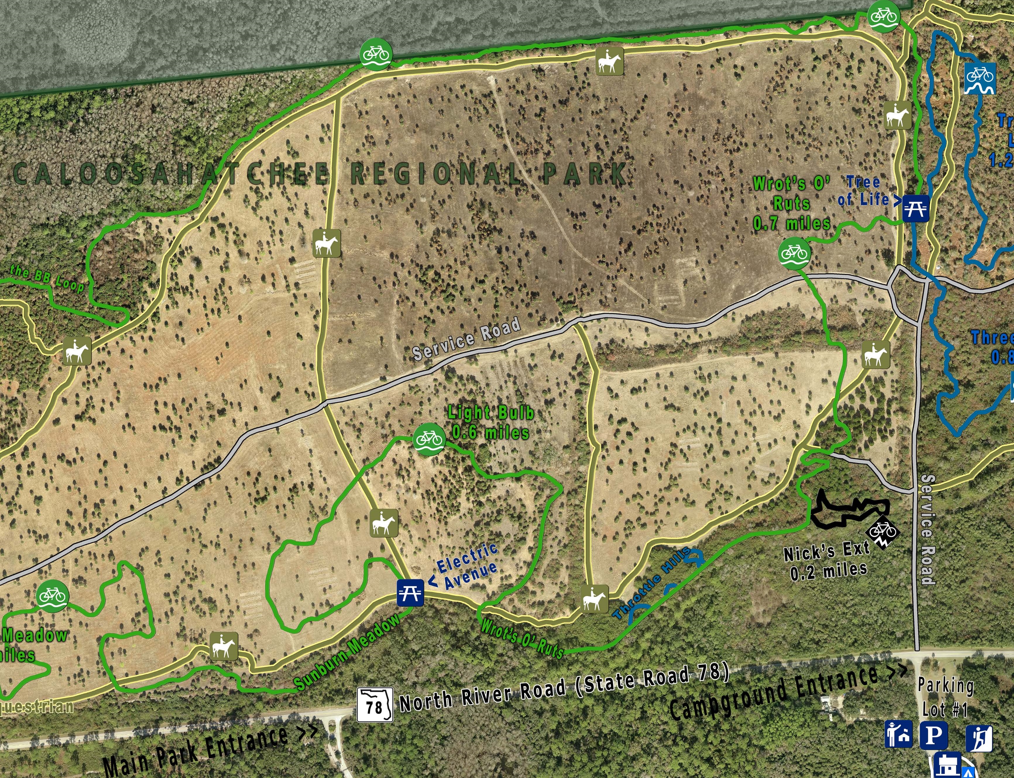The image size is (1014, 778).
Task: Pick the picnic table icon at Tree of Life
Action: coord(915,208)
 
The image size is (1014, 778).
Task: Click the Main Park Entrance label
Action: coord(209,746)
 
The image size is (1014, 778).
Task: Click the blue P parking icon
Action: coord(933,734)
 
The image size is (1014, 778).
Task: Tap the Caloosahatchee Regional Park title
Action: coord(319,174)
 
